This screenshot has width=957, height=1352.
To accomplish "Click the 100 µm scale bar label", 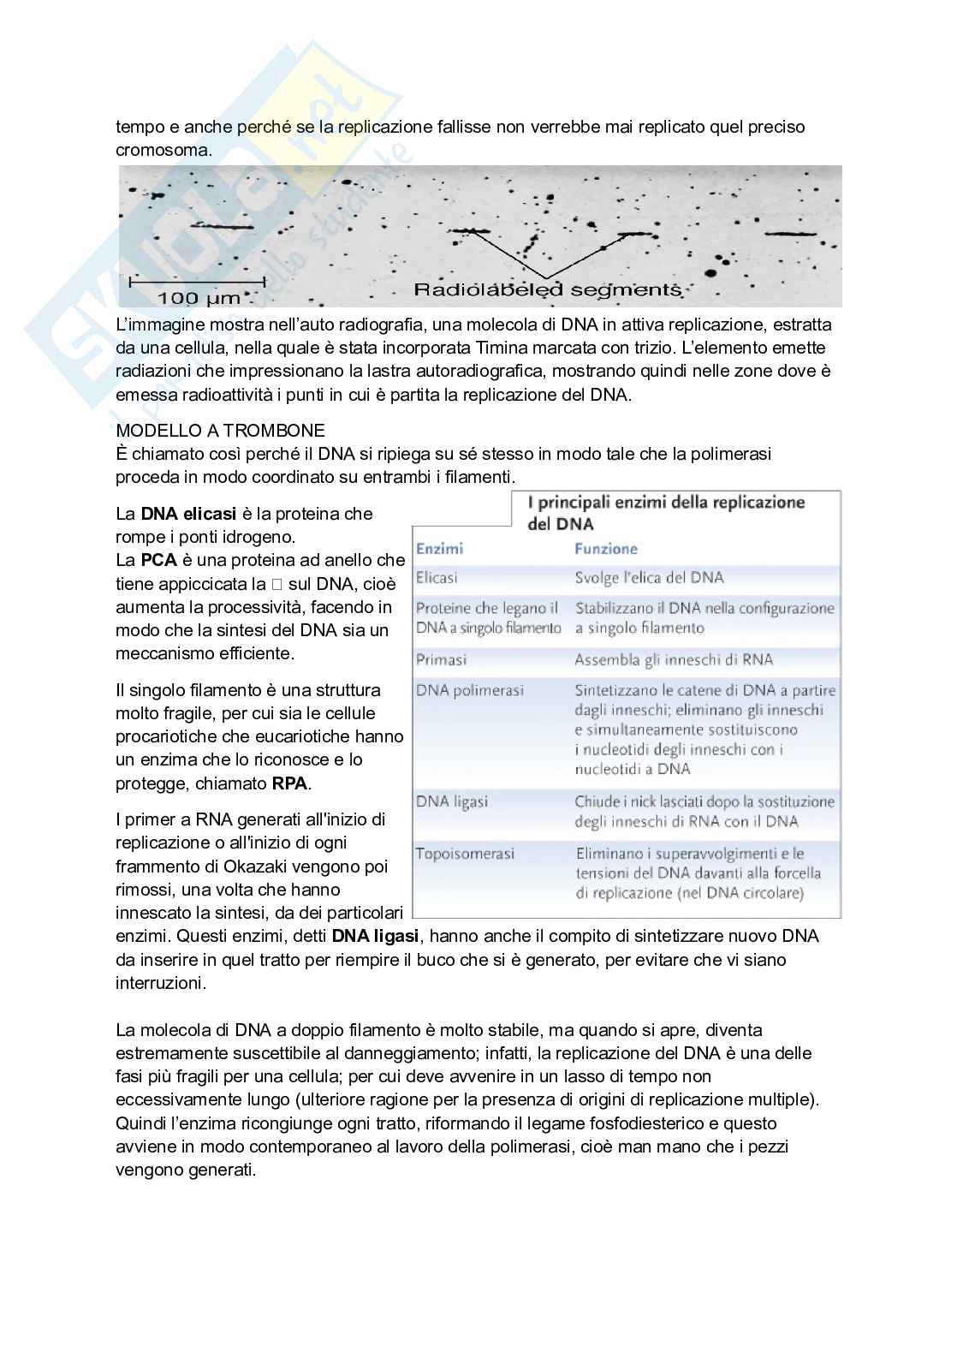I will point(199,298).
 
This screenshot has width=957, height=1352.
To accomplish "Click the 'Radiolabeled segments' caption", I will point(548,290).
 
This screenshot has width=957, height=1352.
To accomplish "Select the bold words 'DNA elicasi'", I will point(188,514).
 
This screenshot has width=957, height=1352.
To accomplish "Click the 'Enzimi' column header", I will point(439,549).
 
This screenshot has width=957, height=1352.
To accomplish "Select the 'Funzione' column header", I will point(606,549).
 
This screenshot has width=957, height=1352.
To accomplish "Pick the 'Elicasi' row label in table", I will point(437,578).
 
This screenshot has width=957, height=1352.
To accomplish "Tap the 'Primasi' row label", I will point(441,659).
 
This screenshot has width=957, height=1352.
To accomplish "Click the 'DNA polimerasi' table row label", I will point(470,690).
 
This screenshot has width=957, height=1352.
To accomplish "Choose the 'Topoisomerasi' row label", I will point(466,854).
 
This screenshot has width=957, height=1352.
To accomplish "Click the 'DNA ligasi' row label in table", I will point(452,801).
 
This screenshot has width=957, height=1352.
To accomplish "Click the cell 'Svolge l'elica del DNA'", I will point(649,578).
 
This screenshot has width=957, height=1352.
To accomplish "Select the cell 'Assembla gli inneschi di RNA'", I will point(674,659).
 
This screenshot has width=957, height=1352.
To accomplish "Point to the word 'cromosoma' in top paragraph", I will point(163,150).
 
